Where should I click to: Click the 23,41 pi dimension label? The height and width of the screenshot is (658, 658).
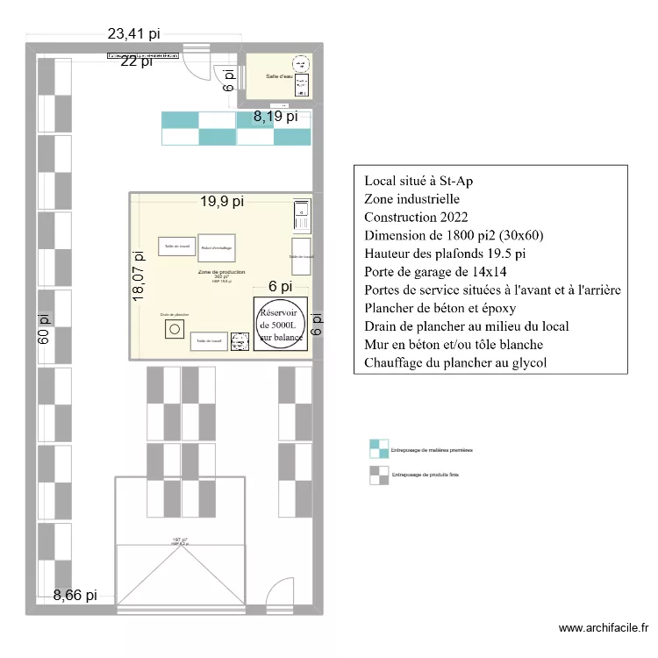click(x=134, y=34)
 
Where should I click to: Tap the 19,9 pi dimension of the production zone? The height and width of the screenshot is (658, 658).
click(x=219, y=202)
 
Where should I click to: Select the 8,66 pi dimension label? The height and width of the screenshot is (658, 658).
click(x=75, y=595)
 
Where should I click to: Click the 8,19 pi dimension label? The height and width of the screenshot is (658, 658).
click(x=275, y=115)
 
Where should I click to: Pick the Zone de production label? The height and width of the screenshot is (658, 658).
click(x=221, y=273)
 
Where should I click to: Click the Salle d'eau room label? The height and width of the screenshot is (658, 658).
click(x=279, y=75)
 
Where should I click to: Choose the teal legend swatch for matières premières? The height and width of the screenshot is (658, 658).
click(x=378, y=449)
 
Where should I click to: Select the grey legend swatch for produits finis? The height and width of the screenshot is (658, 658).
click(x=378, y=475)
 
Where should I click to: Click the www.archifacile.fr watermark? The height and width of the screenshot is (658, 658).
click(x=604, y=628)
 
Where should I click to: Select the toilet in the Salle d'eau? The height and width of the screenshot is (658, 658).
click(x=304, y=85)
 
